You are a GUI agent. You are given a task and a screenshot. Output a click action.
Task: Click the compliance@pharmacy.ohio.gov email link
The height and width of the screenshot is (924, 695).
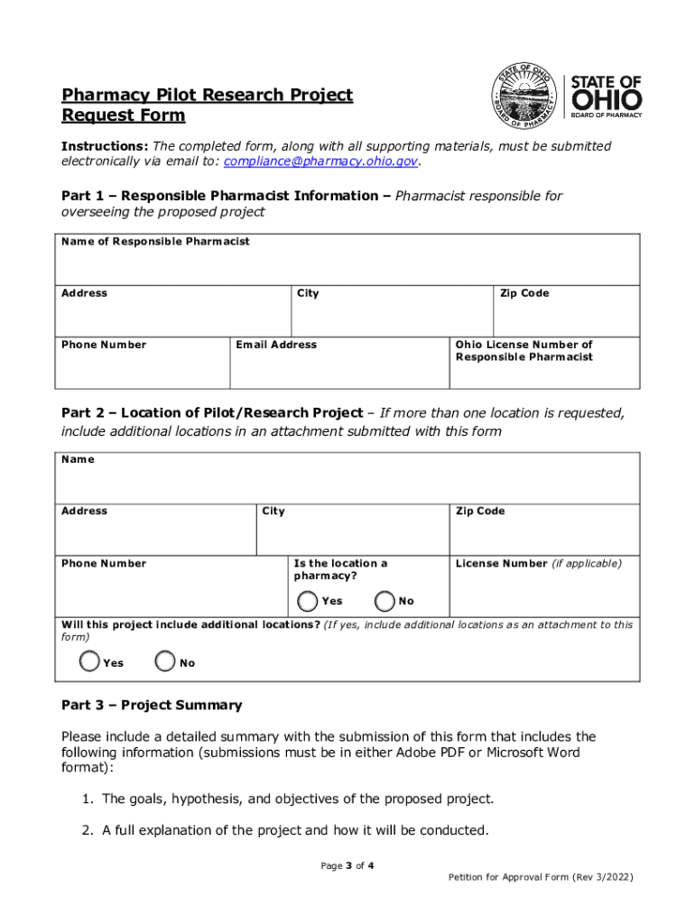(321, 162)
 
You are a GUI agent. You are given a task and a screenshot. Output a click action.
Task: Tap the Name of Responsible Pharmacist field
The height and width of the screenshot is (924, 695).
(350, 264)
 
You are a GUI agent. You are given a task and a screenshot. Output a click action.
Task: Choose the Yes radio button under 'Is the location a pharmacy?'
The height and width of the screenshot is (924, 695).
(309, 601)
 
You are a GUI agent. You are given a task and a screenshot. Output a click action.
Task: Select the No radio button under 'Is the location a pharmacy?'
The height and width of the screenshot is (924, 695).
(385, 601)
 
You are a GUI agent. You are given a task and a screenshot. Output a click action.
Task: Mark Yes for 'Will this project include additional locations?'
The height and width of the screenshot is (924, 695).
(90, 662)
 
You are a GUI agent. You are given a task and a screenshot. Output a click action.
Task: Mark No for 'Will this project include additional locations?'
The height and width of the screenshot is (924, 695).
(165, 662)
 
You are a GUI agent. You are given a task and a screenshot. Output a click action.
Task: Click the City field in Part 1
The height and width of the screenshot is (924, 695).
(392, 316)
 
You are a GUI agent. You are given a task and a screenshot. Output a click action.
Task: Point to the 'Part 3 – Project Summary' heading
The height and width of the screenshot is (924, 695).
(152, 706)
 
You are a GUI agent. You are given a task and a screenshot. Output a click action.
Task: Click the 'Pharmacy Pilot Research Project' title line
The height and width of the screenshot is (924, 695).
(207, 96)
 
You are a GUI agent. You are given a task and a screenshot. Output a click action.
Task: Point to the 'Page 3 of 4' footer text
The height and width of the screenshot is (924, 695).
(347, 866)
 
